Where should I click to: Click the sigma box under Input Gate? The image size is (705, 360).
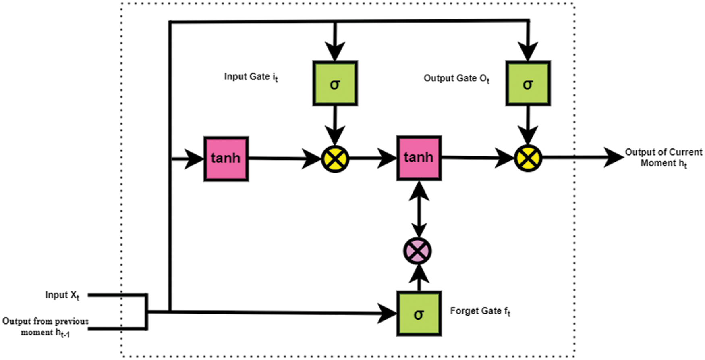(335, 83)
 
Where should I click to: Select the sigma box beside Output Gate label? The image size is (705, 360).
(528, 83)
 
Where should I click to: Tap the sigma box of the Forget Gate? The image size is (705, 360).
(419, 314)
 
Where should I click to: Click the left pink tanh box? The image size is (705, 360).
(226, 158)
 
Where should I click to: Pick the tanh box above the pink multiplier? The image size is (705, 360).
(419, 158)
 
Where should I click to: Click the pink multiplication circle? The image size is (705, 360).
(418, 251)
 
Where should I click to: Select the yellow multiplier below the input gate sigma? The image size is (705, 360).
(335, 158)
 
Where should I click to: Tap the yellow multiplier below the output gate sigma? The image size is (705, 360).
(528, 158)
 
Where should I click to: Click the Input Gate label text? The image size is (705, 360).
(251, 77)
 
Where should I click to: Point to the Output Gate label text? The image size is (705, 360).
(456, 79)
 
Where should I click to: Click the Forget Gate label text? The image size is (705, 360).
(480, 311)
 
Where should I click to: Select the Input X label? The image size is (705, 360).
(62, 295)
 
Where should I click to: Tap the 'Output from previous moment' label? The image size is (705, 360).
(46, 327)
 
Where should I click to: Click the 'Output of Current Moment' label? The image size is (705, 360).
(664, 158)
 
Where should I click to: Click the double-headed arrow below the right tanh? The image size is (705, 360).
(419, 209)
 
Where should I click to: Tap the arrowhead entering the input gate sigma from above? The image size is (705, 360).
(335, 51)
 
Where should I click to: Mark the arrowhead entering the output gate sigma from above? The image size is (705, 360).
(528, 51)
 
